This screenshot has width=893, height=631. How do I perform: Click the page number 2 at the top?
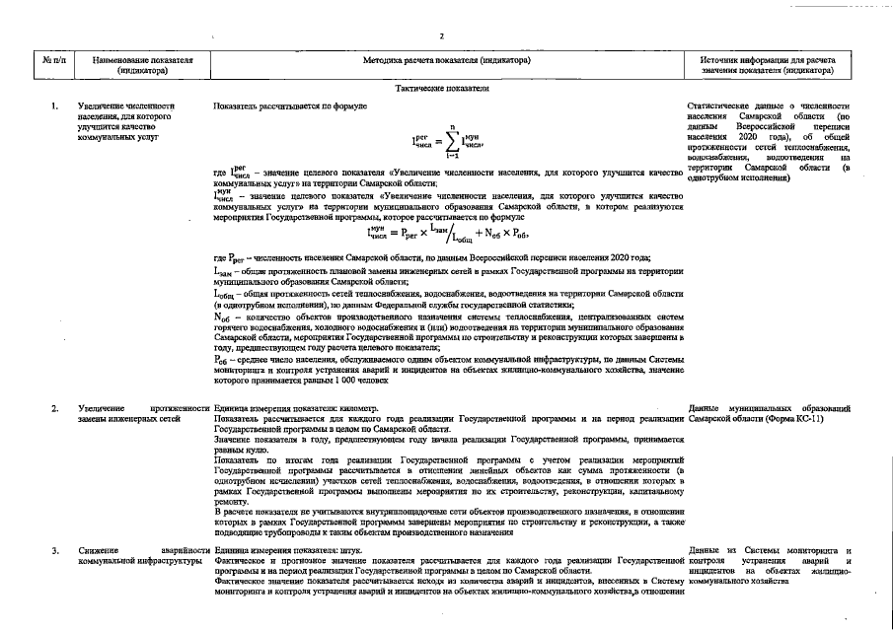[441, 36]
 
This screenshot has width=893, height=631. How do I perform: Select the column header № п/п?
[54, 65]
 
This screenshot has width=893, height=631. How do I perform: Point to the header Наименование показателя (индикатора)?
[142, 65]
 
